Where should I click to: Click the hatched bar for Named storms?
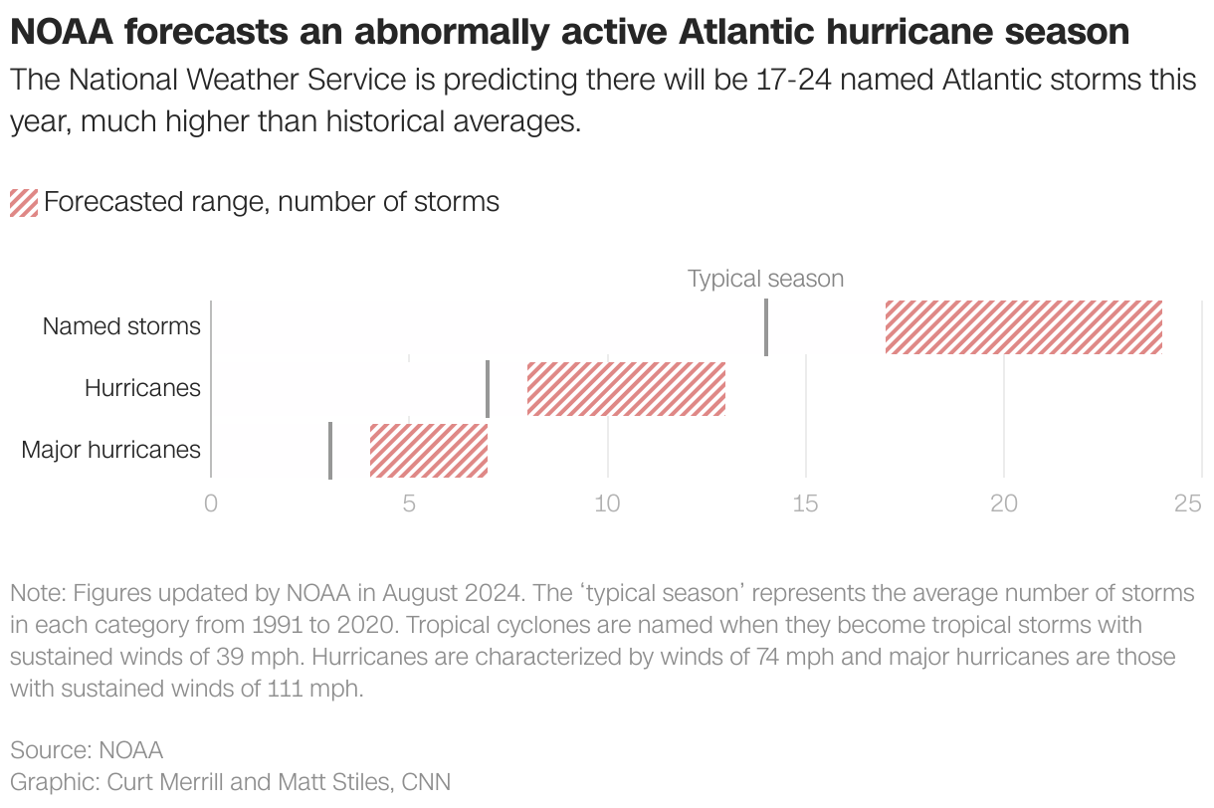(x=1023, y=327)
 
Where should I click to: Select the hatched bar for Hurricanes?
(x=626, y=388)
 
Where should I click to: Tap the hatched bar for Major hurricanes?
(x=428, y=450)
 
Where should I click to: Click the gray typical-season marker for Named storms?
(x=766, y=327)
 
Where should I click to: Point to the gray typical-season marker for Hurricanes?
(x=488, y=388)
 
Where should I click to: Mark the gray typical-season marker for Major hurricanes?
(x=329, y=450)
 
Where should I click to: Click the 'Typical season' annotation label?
(x=765, y=279)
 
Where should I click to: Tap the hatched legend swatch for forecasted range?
(x=23, y=202)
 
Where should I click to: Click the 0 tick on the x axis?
(x=210, y=504)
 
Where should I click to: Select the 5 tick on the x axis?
(x=409, y=504)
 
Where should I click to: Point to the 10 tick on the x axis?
(x=607, y=504)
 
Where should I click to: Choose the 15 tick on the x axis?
(x=805, y=504)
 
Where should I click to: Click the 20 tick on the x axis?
(x=1004, y=504)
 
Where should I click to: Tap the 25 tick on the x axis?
(x=1188, y=504)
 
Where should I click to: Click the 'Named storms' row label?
(x=121, y=326)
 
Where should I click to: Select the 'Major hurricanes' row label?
(x=110, y=450)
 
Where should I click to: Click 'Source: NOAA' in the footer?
(x=87, y=749)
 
